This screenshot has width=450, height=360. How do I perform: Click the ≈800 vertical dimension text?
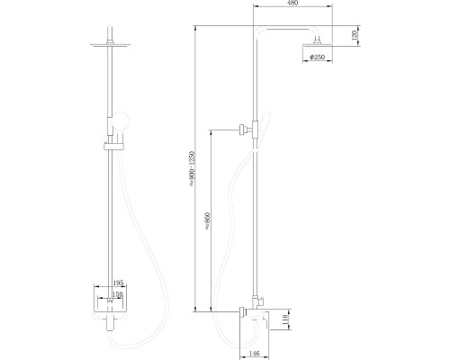click(x=207, y=222)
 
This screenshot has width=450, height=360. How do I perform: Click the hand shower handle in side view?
click(x=260, y=126)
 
